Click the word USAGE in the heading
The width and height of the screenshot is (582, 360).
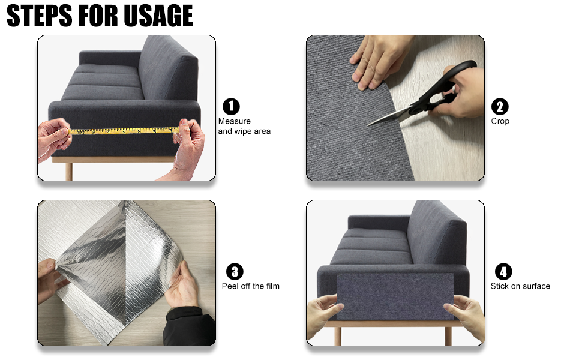click(x=158, y=16)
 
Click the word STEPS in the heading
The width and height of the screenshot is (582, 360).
click(x=40, y=16)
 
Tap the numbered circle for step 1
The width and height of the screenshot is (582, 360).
click(x=231, y=107)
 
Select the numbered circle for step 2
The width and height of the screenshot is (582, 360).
click(x=500, y=107)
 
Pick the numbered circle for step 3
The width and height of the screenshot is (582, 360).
click(x=235, y=272)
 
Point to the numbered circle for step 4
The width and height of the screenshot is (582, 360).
click(x=503, y=272)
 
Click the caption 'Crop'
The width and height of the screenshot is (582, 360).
click(x=500, y=121)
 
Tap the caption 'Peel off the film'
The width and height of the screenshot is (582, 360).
click(x=251, y=286)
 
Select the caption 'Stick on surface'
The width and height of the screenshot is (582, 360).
click(x=520, y=286)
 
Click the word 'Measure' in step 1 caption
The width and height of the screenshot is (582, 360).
click(x=234, y=121)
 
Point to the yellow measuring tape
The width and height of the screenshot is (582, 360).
click(x=124, y=131)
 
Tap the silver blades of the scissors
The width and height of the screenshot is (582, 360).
click(x=390, y=116)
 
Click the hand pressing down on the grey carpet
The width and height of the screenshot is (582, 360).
click(x=379, y=59)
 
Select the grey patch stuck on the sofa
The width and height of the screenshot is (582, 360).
click(x=395, y=296)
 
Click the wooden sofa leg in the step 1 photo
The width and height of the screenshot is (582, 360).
click(x=68, y=171)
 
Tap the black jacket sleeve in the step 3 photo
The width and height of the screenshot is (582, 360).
click(x=190, y=326)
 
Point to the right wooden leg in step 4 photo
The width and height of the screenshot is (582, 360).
click(x=448, y=335)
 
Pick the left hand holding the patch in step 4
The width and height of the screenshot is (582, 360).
click(x=322, y=316)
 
